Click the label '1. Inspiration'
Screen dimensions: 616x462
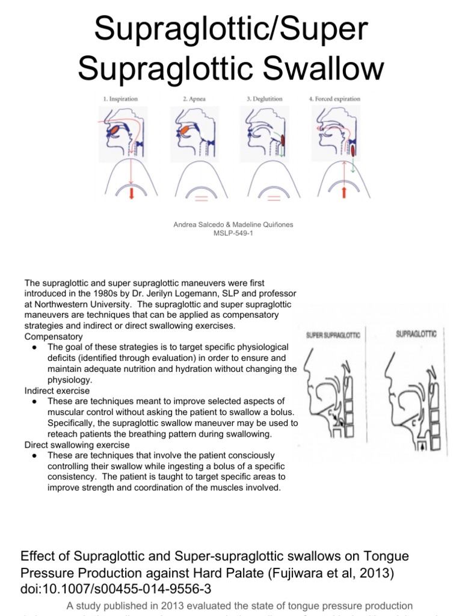121,99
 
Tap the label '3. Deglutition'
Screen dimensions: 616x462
262,99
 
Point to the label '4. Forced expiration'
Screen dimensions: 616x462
335,99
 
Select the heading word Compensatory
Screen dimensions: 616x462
54,336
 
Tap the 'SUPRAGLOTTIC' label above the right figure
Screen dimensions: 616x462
416,332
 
